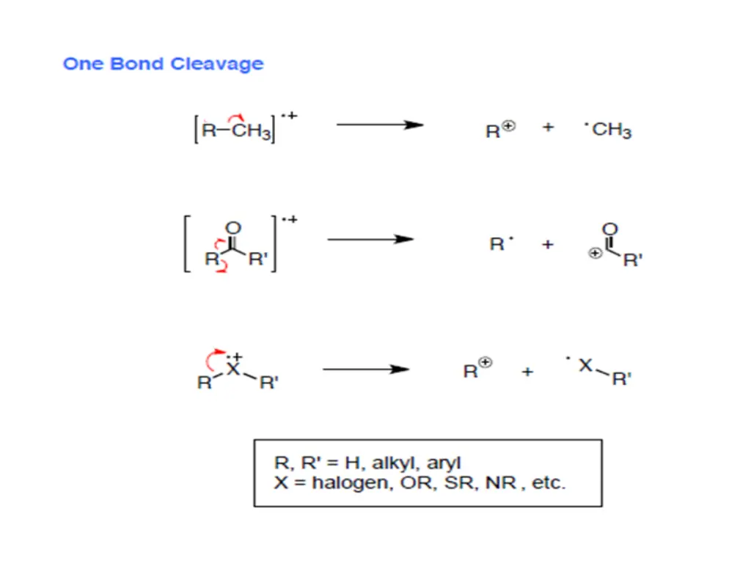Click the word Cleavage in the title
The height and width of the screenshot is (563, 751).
[216, 64]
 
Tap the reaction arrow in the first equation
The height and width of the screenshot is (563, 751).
[379, 125]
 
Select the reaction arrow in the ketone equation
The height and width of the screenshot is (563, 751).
[370, 239]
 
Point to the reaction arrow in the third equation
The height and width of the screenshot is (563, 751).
[365, 369]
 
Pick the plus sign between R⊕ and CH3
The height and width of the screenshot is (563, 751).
[548, 128]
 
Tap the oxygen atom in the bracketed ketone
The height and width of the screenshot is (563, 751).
[234, 228]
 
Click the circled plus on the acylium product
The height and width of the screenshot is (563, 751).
[596, 253]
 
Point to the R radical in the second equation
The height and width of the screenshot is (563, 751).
[498, 244]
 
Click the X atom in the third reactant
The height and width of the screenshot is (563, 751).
[232, 369]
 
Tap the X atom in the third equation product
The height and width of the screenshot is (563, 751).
[585, 364]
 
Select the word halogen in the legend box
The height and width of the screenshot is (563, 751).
[353, 484]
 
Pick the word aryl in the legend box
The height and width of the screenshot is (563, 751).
[444, 463]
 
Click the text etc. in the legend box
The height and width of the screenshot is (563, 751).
[549, 484]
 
